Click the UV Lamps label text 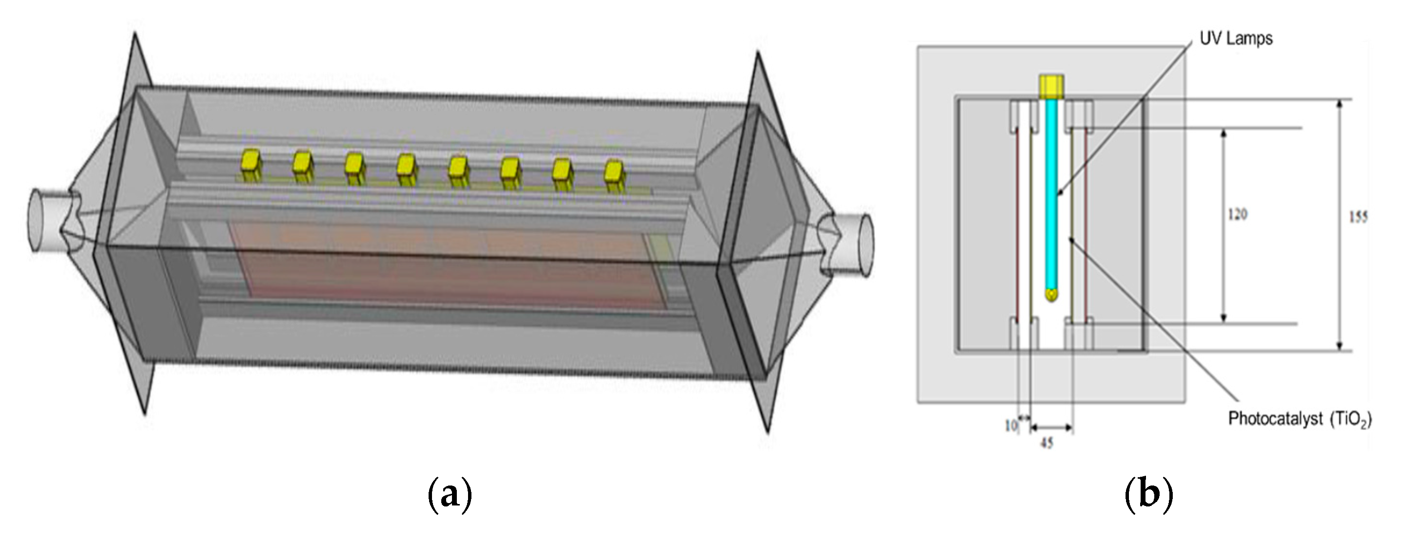coord(1235,39)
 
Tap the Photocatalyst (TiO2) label coord(1299,419)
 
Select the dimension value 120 coord(1238,214)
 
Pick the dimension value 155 coord(1357,217)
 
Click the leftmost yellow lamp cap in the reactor coord(251,165)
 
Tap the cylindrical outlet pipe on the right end coord(850,243)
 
